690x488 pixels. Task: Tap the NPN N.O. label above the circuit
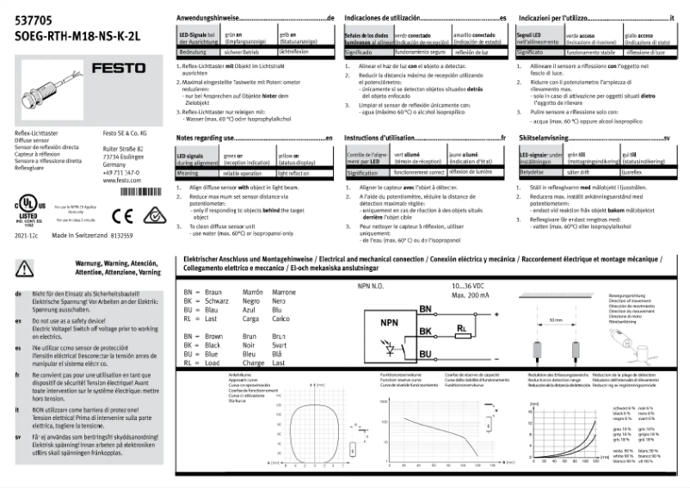click(375, 284)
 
